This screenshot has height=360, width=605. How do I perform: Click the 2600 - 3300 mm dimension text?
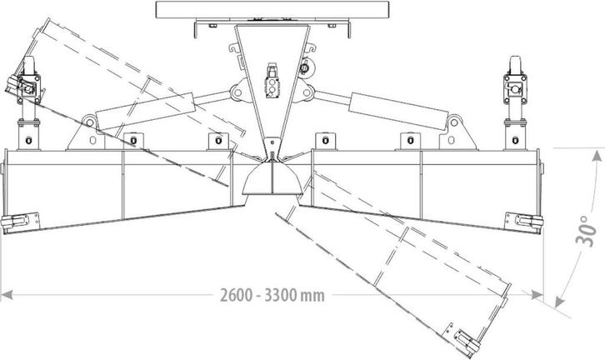click(272, 296)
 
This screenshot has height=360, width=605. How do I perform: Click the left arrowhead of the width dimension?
click(7, 295)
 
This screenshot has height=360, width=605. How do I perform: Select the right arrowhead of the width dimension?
click(537, 295)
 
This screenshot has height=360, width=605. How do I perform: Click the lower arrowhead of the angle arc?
click(559, 302)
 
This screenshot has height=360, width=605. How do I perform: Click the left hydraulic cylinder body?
click(146, 111)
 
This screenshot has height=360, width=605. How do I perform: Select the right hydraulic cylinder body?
click(398, 111)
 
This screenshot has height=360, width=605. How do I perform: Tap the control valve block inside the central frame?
click(272, 80)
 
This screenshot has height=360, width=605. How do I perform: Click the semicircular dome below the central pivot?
click(272, 178)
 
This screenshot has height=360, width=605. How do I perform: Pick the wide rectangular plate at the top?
click(272, 10)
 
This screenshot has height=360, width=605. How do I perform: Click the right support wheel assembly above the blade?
click(515, 102)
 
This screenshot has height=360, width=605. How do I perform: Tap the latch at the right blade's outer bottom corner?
click(524, 222)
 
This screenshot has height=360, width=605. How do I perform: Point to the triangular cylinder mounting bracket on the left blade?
click(86, 132)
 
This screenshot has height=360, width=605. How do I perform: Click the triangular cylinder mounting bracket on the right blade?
click(458, 132)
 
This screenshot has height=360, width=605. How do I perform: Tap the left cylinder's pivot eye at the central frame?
click(237, 92)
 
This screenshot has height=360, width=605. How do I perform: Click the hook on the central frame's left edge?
click(235, 47)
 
